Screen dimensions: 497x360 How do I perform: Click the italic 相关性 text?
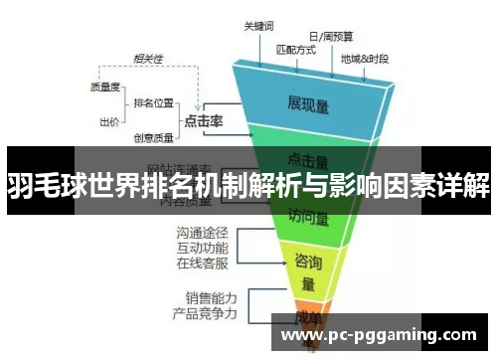[x=150, y=57]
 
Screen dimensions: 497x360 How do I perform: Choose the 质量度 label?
[x=104, y=87]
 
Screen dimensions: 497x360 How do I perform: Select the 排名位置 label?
[x=153, y=102]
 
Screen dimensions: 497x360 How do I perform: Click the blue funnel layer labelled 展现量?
[x=308, y=102]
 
